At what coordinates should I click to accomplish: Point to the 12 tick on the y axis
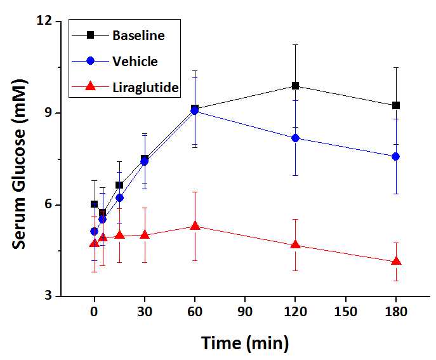[50, 21]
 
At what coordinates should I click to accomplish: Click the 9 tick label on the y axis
[53, 113]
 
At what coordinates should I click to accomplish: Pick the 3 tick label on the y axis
[53, 296]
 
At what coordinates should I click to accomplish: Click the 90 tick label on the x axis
[245, 313]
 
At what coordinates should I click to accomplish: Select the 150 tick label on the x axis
[345, 313]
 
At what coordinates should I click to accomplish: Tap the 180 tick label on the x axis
[395, 313]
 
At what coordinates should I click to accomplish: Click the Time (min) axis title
[245, 343]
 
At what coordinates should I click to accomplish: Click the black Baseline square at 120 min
[295, 86]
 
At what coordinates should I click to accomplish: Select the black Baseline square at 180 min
[396, 105]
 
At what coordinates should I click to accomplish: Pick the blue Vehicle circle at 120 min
[295, 138]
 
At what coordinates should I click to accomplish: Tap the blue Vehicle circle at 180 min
[396, 156]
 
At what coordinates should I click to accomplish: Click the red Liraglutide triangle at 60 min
[195, 226]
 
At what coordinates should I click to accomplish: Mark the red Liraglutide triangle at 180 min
[396, 261]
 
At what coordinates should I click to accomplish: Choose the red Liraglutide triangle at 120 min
[295, 244]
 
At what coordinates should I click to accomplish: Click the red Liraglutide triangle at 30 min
[145, 234]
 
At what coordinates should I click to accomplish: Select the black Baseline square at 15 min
[119, 185]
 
